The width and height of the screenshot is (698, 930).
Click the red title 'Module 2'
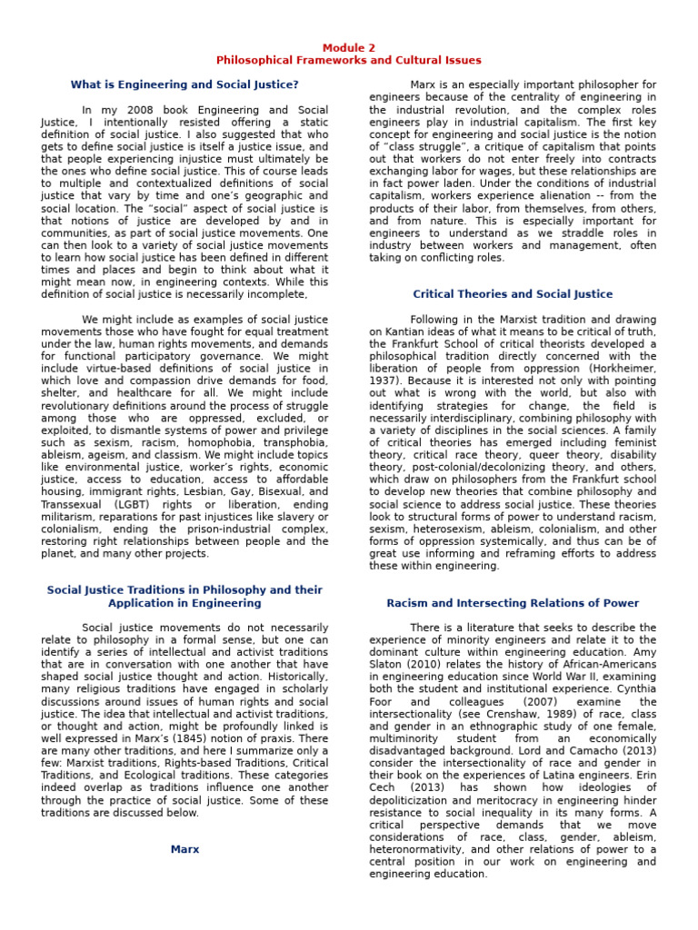point(349,48)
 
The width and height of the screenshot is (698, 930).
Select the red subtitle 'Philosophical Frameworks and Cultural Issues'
point(349,61)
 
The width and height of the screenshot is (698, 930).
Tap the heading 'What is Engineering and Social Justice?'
point(184,85)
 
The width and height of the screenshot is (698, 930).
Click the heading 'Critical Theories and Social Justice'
point(513,294)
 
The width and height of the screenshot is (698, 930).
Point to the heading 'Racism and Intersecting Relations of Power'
point(513,603)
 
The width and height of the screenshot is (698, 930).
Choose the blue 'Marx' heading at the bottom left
point(184,849)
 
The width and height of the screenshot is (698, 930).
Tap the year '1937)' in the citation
point(385,381)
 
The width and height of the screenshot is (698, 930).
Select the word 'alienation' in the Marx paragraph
point(574,196)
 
